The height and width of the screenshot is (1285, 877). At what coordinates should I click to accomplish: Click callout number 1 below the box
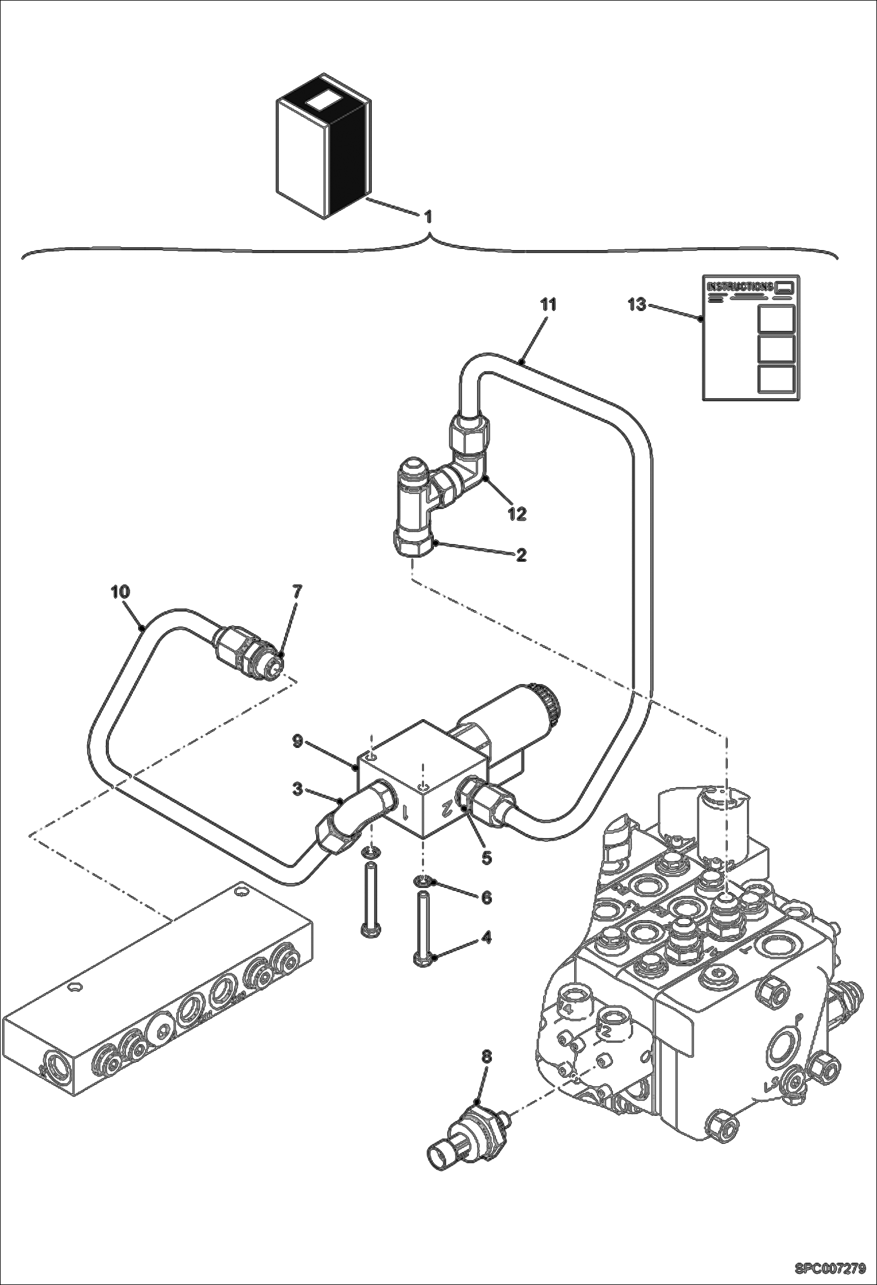point(428,217)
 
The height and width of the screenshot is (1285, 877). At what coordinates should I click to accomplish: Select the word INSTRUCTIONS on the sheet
point(740,286)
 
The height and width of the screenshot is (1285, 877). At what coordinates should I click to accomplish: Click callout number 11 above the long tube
point(549,305)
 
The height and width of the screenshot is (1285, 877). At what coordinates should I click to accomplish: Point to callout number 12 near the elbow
point(517,514)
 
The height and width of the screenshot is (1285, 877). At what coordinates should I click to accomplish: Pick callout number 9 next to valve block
point(297,741)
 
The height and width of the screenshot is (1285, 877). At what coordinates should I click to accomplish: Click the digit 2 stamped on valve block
point(444,808)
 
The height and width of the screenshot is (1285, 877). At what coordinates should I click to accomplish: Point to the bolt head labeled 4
point(423,958)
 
